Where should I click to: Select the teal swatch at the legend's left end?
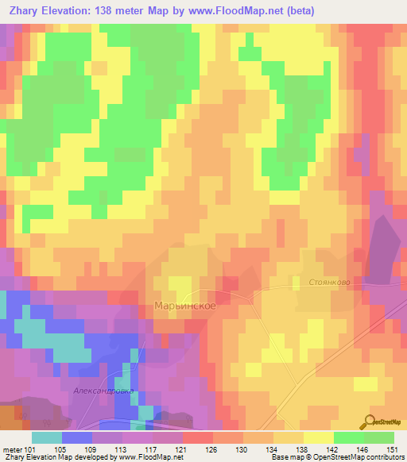point(46,437)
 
